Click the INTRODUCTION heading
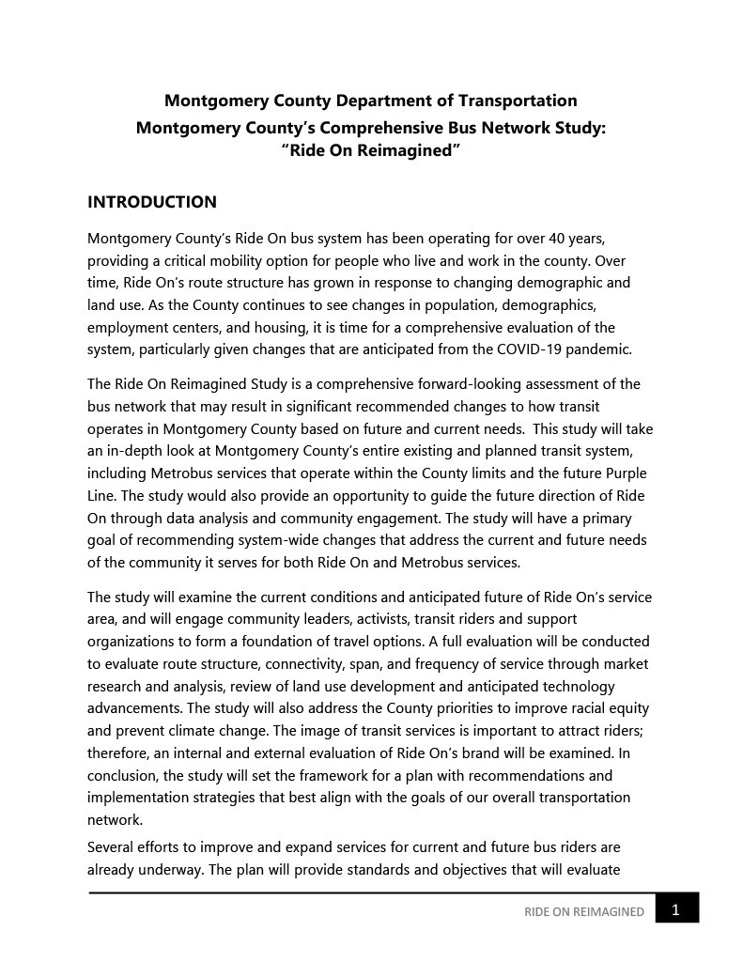pyautogui.click(x=151, y=202)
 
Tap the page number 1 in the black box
pyautogui.click(x=676, y=908)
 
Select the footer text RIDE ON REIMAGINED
pyautogui.click(x=584, y=911)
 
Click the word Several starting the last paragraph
pyautogui.click(x=113, y=847)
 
